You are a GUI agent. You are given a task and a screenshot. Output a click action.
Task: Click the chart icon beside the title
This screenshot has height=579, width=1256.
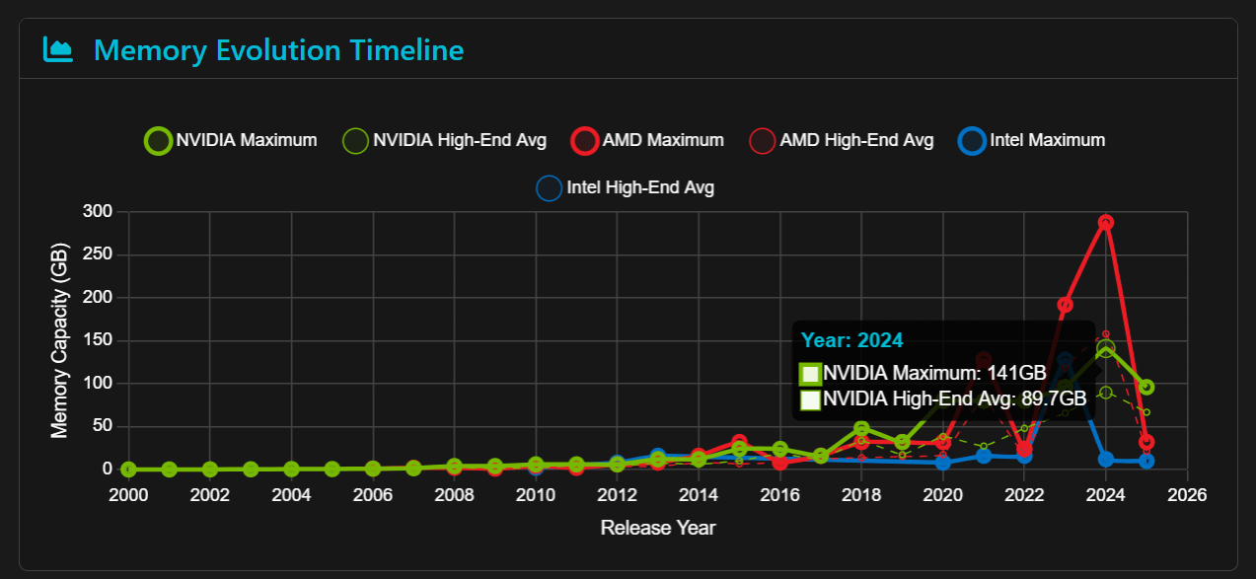click(x=58, y=49)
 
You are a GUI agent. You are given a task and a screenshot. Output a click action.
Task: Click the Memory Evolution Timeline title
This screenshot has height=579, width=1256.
click(x=278, y=49)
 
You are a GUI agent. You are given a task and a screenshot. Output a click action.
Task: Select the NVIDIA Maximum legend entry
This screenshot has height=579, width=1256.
click(x=232, y=140)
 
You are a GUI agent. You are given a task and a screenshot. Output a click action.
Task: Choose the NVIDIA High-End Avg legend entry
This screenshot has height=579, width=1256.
click(x=444, y=140)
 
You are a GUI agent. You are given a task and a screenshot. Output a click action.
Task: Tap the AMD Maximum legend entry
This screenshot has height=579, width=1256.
click(x=648, y=140)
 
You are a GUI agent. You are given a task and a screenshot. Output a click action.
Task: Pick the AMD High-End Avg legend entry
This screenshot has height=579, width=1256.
click(x=842, y=140)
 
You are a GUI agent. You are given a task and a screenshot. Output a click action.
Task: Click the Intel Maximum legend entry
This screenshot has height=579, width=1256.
click(x=1032, y=140)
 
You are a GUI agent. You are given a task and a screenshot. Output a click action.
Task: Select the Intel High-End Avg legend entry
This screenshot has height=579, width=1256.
click(x=626, y=186)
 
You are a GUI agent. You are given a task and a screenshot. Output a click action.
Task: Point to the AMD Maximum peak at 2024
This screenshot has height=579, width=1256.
click(x=1106, y=223)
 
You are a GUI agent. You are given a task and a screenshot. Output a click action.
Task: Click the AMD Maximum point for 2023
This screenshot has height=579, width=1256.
click(x=1066, y=305)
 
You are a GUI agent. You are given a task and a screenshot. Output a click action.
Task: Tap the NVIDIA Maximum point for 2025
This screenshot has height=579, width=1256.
click(x=1146, y=388)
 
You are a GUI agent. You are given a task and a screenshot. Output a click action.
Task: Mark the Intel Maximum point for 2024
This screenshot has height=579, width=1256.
click(x=1106, y=460)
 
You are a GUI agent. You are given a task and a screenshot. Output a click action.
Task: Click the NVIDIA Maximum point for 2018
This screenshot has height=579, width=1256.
click(x=861, y=429)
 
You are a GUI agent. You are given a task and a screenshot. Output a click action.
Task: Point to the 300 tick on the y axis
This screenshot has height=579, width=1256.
click(x=98, y=211)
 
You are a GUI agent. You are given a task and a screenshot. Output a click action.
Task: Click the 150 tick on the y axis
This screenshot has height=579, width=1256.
click(x=98, y=340)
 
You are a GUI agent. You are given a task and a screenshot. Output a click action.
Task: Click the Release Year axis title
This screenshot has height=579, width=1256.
click(x=658, y=528)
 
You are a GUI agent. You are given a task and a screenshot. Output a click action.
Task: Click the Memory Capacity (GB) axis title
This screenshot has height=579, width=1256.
click(x=59, y=340)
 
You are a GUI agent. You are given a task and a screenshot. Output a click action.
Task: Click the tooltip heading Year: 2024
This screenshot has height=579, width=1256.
click(x=852, y=340)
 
